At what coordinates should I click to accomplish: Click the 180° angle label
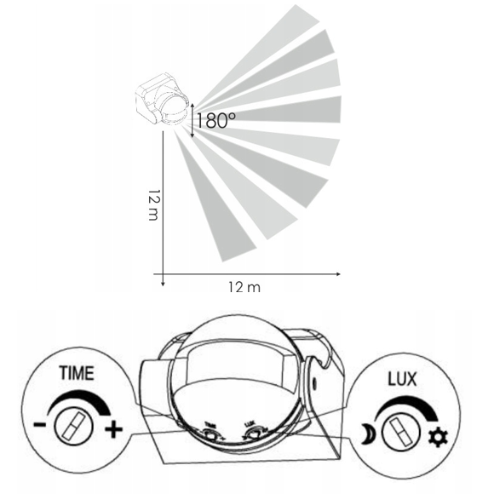click(x=216, y=121)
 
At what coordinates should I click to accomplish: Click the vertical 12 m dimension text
click(x=152, y=204)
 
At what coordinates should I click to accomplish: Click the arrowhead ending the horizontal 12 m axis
click(x=338, y=274)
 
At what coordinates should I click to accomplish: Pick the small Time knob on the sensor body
click(x=210, y=432)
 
